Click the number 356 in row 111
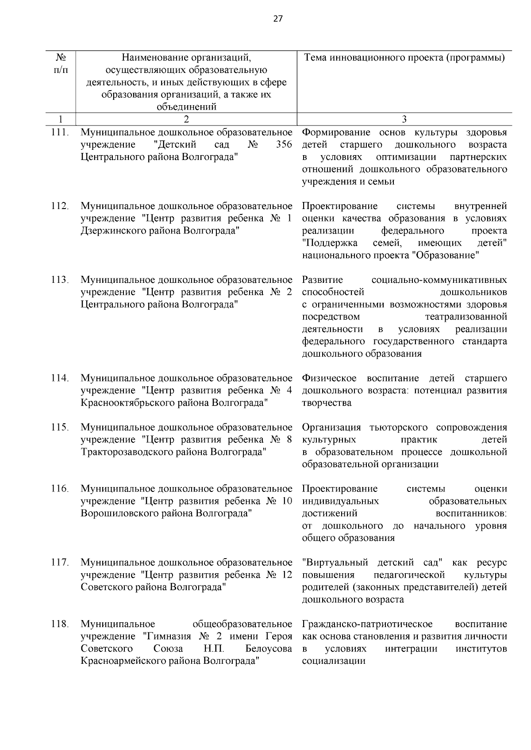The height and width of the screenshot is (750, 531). pyautogui.click(x=284, y=145)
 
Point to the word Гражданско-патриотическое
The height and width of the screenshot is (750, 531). pyautogui.click(x=367, y=624)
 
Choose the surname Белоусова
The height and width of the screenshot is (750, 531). pyautogui.click(x=269, y=649)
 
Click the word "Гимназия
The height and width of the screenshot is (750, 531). pyautogui.click(x=166, y=636)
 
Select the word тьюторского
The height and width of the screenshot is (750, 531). pyautogui.click(x=402, y=428)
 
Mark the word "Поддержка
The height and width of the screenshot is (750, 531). pyautogui.click(x=331, y=243)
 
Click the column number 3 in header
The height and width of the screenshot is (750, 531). pyautogui.click(x=404, y=119)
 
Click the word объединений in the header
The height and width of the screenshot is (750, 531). pyautogui.click(x=186, y=107)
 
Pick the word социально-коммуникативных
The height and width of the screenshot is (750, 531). pyautogui.click(x=439, y=280)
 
